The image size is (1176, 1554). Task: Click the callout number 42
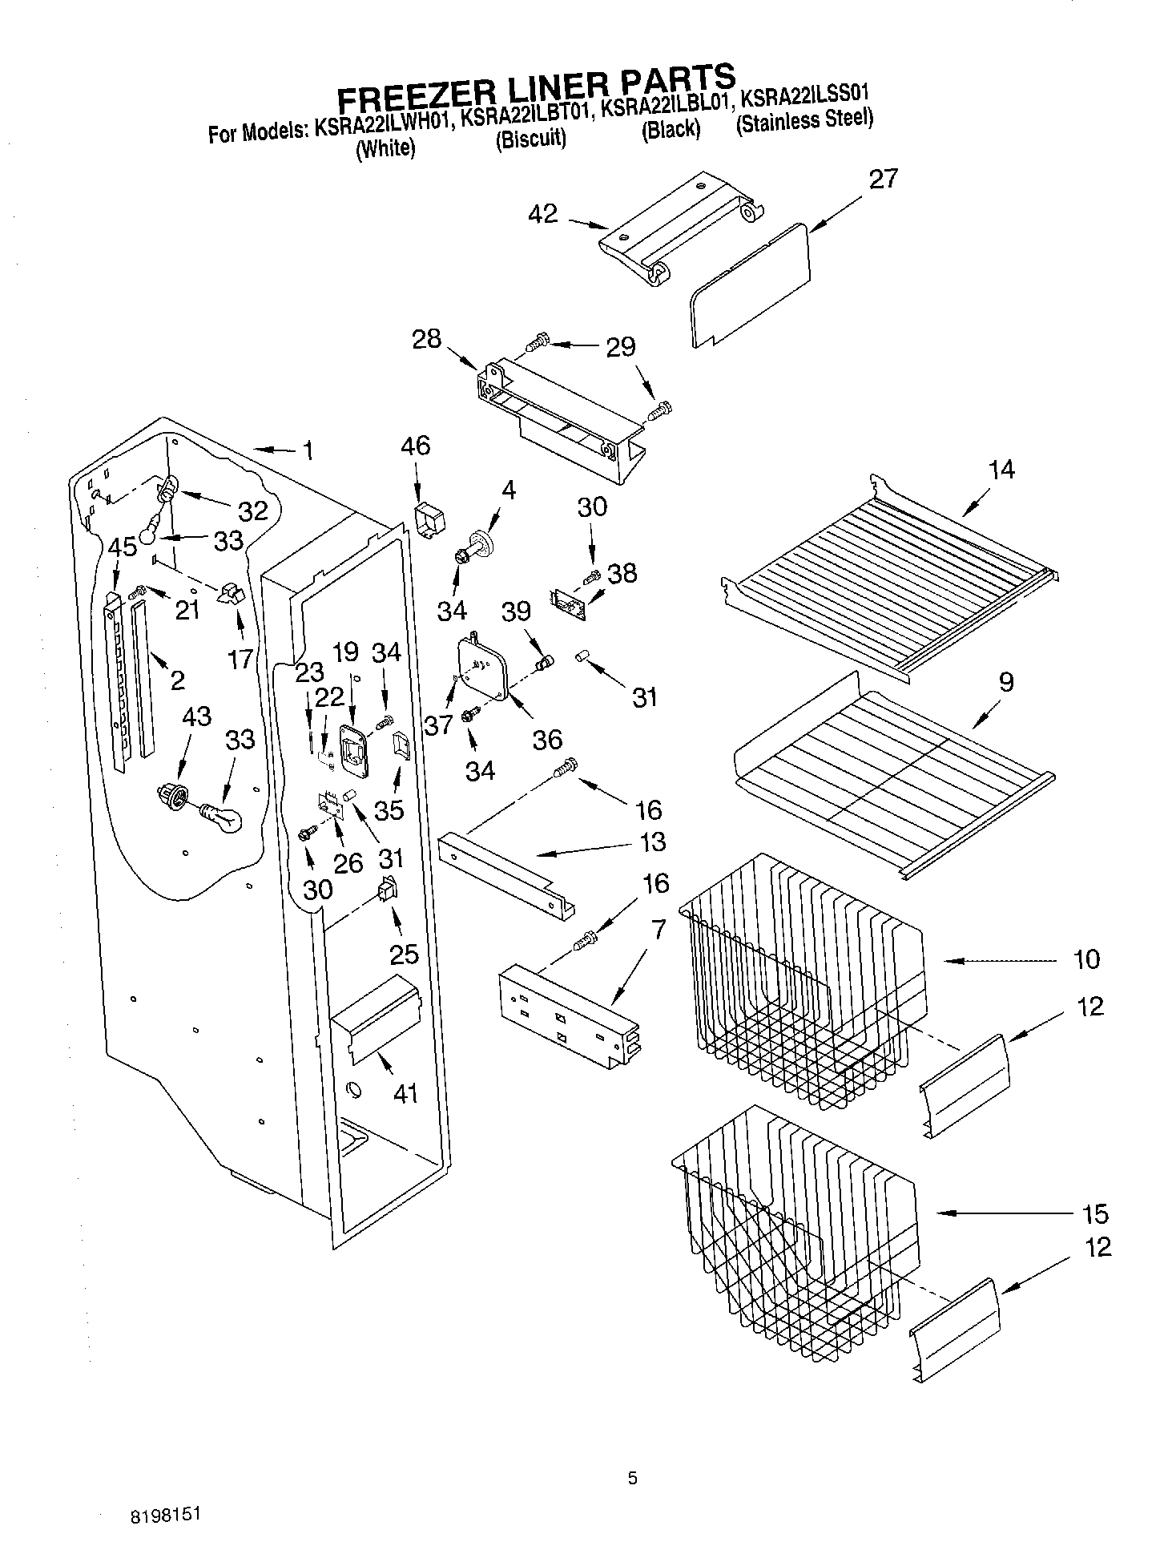pyautogui.click(x=542, y=215)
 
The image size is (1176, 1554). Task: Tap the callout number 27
pyautogui.click(x=883, y=179)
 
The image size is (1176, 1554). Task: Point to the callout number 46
pyautogui.click(x=414, y=446)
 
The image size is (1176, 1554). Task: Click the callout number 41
pyautogui.click(x=405, y=1092)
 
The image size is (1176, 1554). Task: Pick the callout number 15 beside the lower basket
pyautogui.click(x=1094, y=1213)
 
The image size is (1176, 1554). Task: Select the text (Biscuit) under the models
pyautogui.click(x=530, y=139)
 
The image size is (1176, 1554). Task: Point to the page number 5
pyautogui.click(x=632, y=1479)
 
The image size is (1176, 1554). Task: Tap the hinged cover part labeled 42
pyautogui.click(x=677, y=228)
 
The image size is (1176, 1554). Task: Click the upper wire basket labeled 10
pyautogui.click(x=801, y=986)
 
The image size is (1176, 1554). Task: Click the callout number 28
pyautogui.click(x=426, y=339)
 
